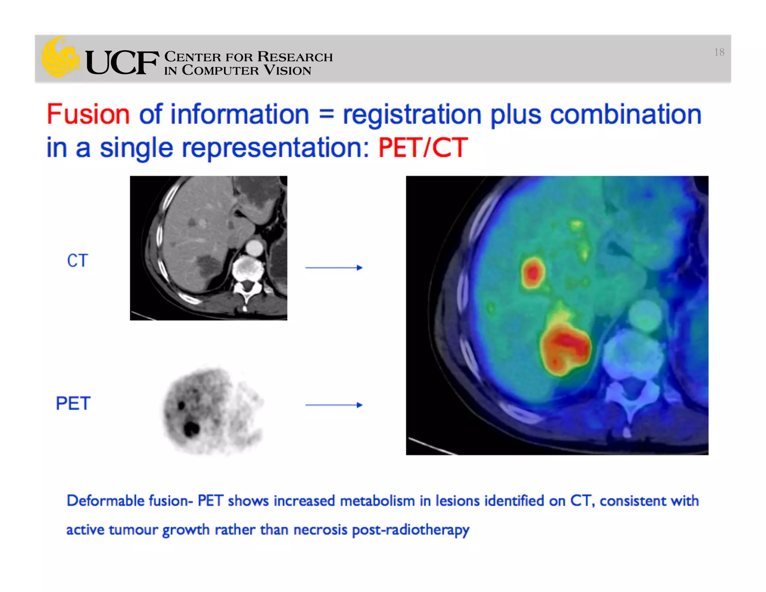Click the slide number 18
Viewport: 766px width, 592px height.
click(x=718, y=52)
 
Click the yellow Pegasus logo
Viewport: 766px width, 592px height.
click(x=60, y=57)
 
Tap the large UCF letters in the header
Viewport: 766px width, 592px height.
click(x=122, y=62)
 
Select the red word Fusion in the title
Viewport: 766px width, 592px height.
click(x=88, y=114)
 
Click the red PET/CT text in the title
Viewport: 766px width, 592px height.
click(x=423, y=148)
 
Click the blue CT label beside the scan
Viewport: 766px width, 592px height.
click(x=77, y=260)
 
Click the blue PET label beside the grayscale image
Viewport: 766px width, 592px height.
click(x=73, y=403)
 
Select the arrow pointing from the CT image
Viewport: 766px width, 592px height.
click(x=334, y=268)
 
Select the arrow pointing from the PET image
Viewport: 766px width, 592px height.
click(x=334, y=405)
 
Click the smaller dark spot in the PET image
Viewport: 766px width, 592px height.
click(x=182, y=405)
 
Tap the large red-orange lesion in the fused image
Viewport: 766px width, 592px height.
click(x=566, y=348)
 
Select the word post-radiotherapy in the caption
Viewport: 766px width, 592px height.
click(x=410, y=530)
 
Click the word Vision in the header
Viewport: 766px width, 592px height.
click(x=287, y=70)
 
